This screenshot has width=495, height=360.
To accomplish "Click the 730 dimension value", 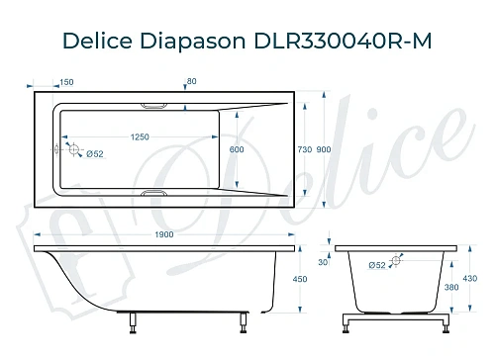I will pyautogui.click(x=305, y=149).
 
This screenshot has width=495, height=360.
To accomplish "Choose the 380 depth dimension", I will pyautogui.click(x=451, y=289).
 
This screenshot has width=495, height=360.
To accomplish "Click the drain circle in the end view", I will pyautogui.click(x=397, y=262).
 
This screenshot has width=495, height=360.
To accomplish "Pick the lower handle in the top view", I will pyautogui.click(x=158, y=194).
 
